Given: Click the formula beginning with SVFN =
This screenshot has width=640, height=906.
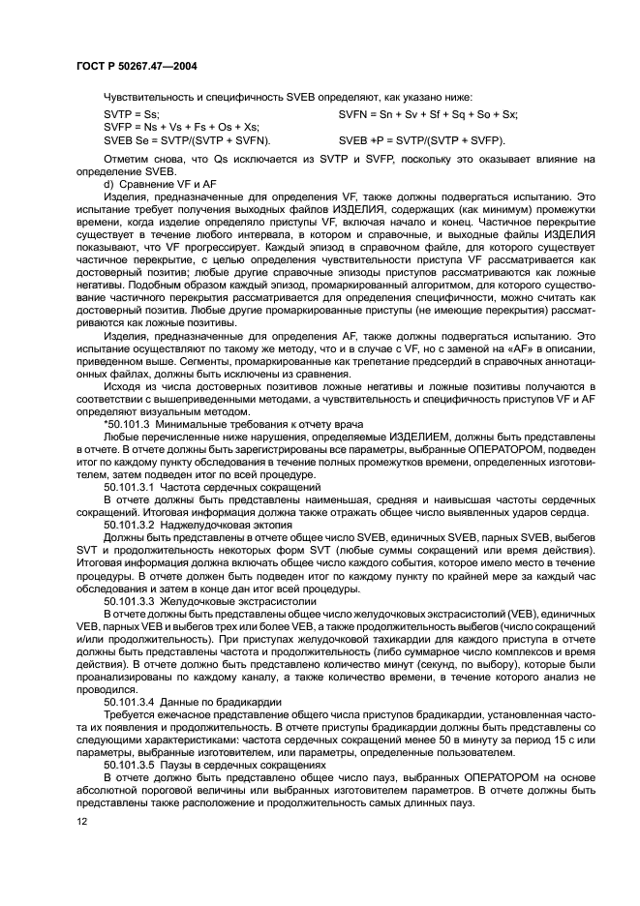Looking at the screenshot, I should click(x=428, y=114).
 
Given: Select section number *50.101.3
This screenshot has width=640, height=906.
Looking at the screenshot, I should click(x=131, y=423).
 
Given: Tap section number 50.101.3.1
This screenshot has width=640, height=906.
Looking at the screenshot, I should click(x=132, y=486).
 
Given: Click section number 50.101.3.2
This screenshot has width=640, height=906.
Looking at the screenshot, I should click(x=132, y=524).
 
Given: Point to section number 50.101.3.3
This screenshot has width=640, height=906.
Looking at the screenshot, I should click(x=132, y=599).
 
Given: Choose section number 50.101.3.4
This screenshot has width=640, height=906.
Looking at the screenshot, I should click(x=132, y=700).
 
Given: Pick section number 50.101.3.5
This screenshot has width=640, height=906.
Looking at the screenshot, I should click(x=132, y=763).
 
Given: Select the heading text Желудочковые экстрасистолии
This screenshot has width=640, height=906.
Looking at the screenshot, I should click(x=234, y=599).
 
